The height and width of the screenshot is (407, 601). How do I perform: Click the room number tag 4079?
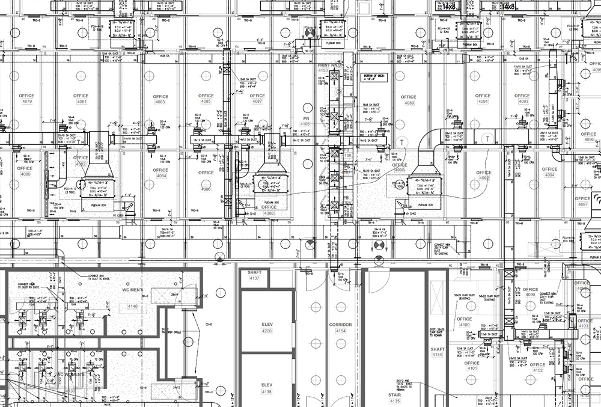click(x=26, y=102)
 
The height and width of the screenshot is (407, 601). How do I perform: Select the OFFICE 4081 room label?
click(x=81, y=99)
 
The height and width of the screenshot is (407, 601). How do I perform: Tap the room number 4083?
click(x=160, y=102)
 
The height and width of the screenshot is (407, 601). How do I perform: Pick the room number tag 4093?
click(x=523, y=102)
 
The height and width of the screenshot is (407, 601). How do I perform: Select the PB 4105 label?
click(x=305, y=121)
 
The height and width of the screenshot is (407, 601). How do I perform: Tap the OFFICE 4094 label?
click(x=549, y=172)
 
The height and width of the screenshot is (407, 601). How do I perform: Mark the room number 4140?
click(x=132, y=307)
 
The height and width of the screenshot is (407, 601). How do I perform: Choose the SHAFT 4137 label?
click(x=254, y=275)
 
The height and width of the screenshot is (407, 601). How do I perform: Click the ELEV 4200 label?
click(x=267, y=328)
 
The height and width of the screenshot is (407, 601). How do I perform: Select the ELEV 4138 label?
click(x=267, y=388)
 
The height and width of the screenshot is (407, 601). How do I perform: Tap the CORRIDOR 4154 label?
click(x=340, y=328)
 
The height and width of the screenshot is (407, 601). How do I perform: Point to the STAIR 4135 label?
click(x=395, y=397)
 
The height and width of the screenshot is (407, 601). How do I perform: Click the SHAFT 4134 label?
click(x=437, y=352)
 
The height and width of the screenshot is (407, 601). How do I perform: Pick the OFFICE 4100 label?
click(x=465, y=322)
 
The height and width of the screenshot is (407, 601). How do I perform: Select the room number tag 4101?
click(x=472, y=369)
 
